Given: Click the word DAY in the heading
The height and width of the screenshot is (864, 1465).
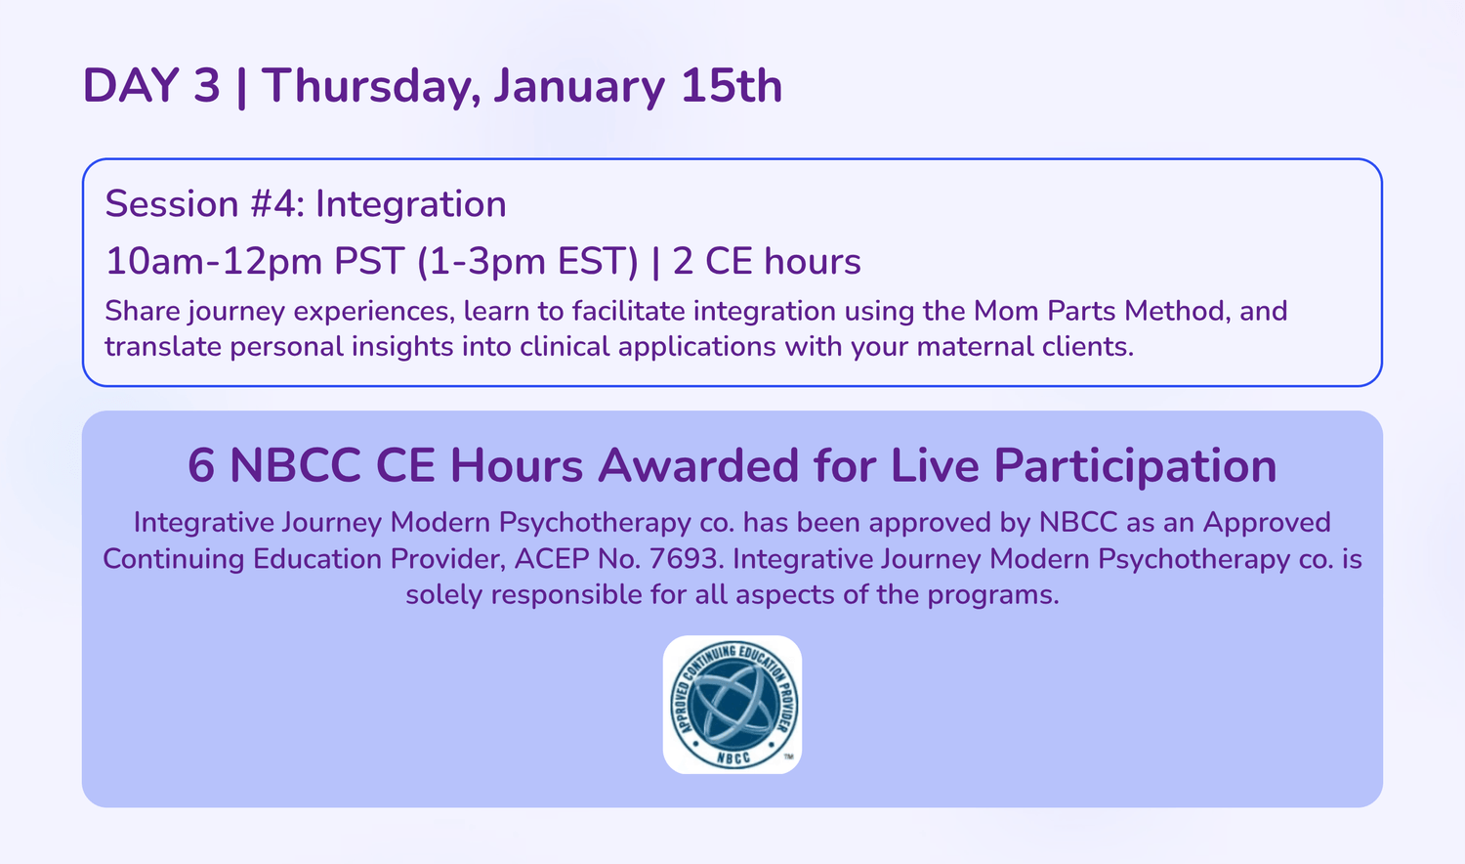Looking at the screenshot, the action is point(132,86).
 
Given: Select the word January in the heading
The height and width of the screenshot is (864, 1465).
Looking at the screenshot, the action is point(579,86).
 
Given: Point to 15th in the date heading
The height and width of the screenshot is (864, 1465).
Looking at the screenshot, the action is point(732,86).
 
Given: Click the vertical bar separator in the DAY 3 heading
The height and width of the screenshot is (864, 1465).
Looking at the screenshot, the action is point(241,86).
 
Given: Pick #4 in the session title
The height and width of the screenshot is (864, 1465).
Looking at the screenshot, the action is point(276,203).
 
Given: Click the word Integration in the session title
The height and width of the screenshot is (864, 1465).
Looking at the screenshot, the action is point(411,203).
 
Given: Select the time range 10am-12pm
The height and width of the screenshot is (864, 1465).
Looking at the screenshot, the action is point(215,261).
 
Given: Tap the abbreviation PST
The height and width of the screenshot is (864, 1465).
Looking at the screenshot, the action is point(369,261).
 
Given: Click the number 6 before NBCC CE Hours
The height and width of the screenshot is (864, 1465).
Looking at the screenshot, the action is point(201,465).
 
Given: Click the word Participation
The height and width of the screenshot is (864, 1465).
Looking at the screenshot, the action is point(1135,465).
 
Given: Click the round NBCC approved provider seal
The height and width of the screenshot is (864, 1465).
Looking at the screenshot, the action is point(732,705).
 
